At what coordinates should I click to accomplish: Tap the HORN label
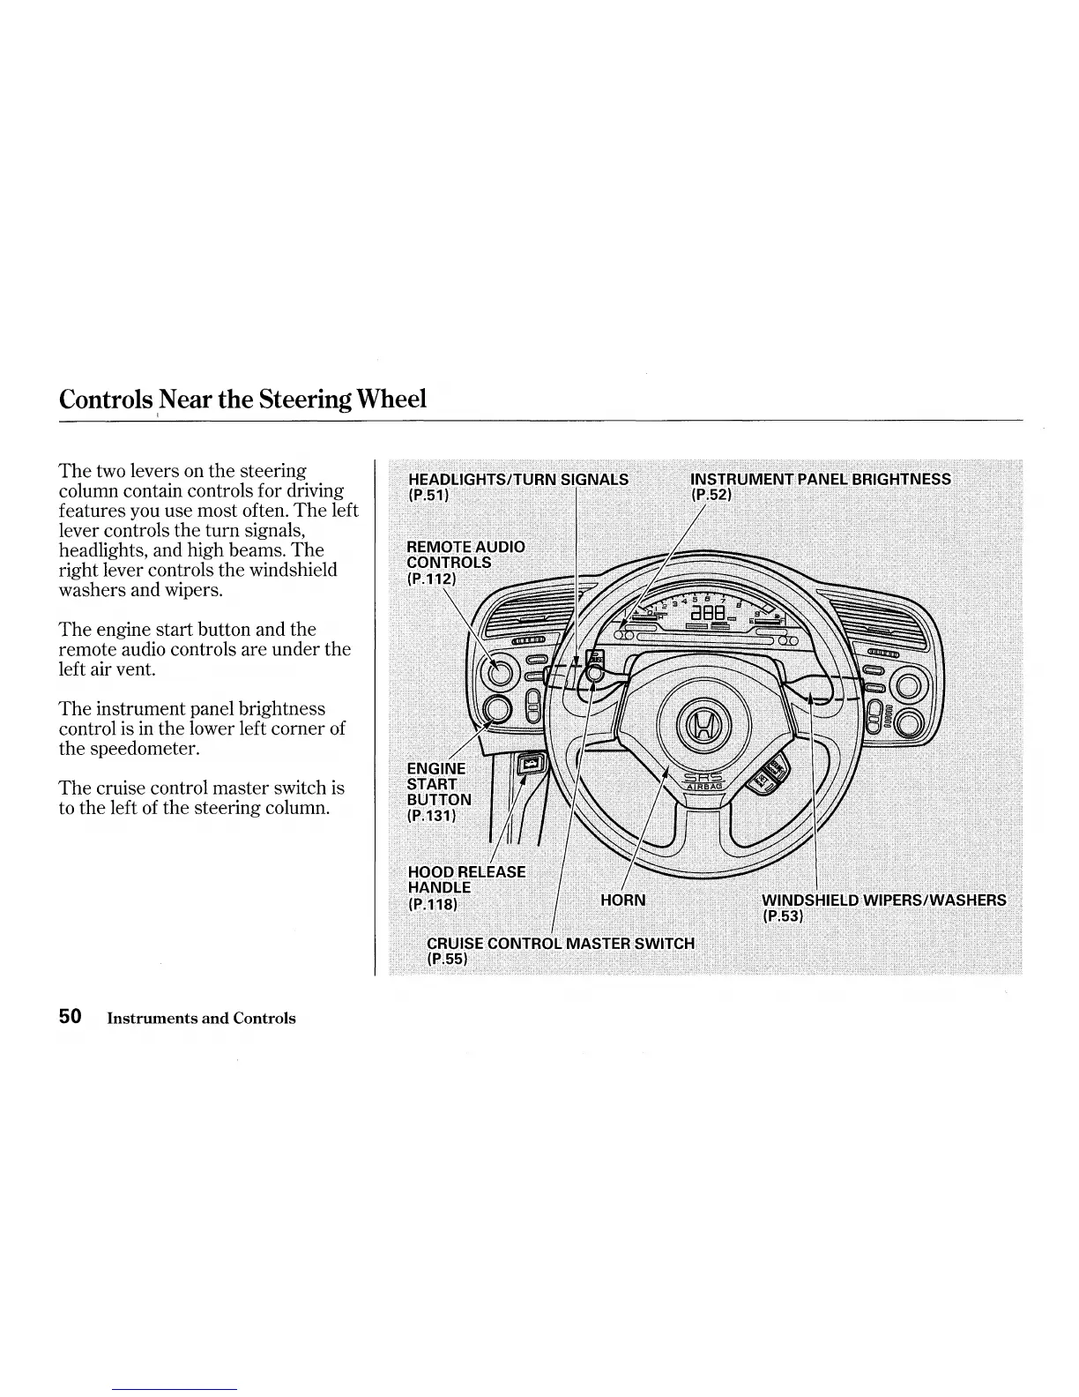point(622,900)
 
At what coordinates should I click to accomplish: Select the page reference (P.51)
point(429,495)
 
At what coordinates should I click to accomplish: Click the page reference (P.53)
point(782,916)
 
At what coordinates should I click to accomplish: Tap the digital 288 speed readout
point(708,612)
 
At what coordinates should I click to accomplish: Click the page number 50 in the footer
point(71,1016)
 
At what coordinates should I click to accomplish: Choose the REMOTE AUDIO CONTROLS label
point(465,554)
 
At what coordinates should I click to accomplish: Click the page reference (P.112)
point(430,579)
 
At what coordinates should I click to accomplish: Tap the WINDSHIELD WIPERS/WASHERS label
point(883,900)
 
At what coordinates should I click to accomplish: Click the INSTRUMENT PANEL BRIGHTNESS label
point(821,479)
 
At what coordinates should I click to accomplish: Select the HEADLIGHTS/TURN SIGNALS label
point(518,479)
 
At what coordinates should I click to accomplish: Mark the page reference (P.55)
point(446,959)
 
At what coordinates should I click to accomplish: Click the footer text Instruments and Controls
point(201,1018)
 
